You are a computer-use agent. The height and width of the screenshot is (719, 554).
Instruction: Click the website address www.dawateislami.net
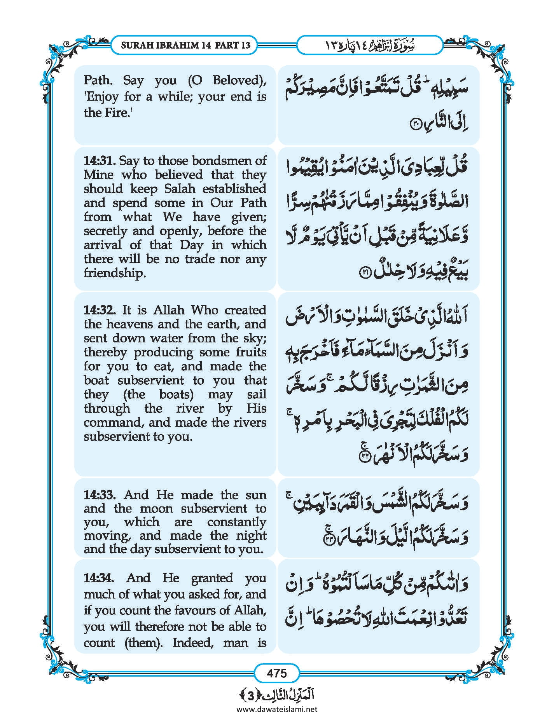[x=276, y=709]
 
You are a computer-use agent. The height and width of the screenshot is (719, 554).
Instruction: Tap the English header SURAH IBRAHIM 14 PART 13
[x=185, y=45]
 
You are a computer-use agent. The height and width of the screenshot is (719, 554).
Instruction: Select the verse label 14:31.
[x=100, y=161]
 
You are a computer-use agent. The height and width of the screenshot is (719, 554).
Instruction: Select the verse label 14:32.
[x=100, y=310]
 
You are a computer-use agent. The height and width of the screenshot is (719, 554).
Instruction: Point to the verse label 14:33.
[x=100, y=495]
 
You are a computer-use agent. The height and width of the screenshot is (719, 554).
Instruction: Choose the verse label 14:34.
[x=100, y=578]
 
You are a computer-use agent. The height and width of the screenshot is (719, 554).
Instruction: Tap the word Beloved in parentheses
[x=237, y=80]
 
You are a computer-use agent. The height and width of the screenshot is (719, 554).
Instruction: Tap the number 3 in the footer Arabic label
[x=251, y=695]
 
